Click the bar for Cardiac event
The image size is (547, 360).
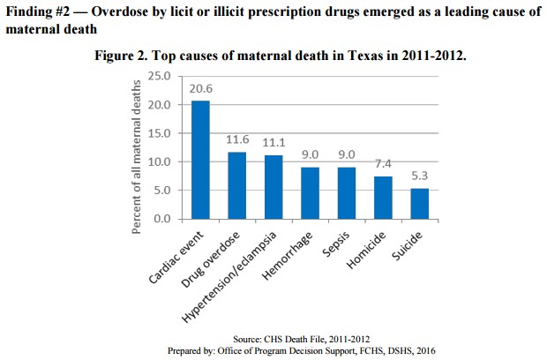[x=201, y=160]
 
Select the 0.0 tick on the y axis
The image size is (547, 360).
[x=161, y=219]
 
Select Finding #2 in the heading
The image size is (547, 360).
[x=37, y=10]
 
